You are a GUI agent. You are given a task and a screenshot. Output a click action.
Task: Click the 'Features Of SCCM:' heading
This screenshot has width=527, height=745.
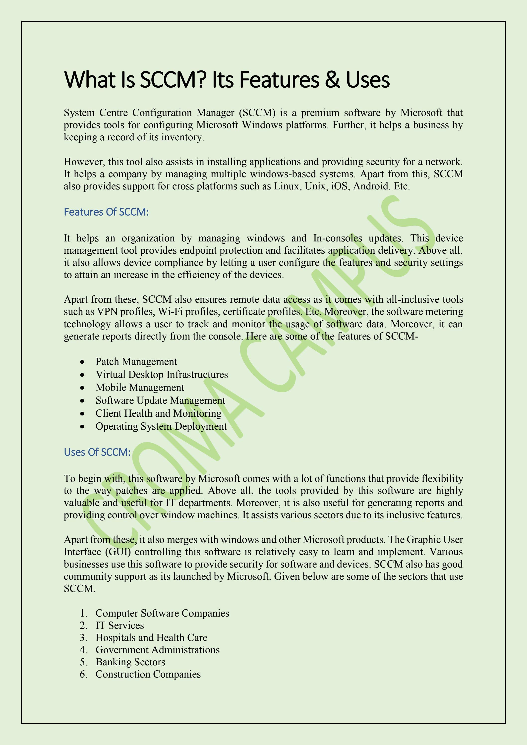[x=106, y=212]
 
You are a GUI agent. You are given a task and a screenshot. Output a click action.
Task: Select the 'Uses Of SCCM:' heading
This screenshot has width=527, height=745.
[x=97, y=452]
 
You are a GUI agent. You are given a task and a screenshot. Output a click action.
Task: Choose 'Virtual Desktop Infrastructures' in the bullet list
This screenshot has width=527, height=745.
[x=162, y=374]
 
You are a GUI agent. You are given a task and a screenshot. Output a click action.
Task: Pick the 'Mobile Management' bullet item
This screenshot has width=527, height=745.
[x=140, y=387]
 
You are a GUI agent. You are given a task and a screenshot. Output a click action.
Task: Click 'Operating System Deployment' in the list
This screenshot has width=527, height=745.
[x=161, y=426]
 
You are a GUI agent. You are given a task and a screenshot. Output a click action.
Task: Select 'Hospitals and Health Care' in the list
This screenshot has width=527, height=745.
[x=151, y=638]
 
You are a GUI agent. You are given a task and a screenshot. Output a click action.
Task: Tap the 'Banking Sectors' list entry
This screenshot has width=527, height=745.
[x=130, y=662]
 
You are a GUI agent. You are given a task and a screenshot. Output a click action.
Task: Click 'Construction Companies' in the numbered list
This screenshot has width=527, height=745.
[x=148, y=674]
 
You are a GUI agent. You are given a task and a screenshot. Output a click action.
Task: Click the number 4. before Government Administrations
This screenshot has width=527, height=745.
[x=83, y=650]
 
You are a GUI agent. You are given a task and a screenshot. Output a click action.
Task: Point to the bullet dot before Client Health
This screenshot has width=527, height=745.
[x=83, y=414]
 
